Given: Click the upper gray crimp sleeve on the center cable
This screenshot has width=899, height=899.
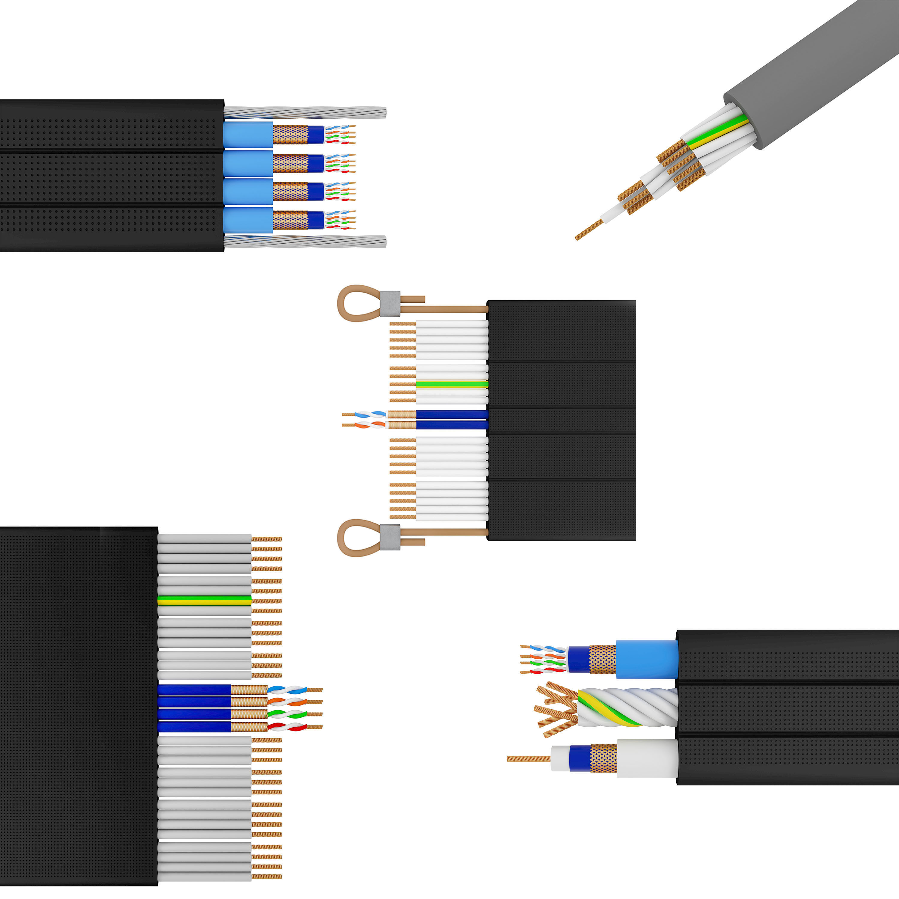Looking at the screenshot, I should click(x=390, y=303).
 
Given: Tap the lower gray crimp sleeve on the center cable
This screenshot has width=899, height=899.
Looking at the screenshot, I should click(x=390, y=537).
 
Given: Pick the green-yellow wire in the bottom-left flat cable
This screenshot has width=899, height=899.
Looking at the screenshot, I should click(x=204, y=600).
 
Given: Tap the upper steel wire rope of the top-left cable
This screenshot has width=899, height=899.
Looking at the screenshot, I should click(x=305, y=112).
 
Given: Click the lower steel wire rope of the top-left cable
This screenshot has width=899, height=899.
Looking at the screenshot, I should click(x=305, y=242).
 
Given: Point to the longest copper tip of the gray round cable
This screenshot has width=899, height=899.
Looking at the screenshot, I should click(x=587, y=230).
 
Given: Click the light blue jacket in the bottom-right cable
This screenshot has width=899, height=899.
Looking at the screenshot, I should click(x=647, y=659).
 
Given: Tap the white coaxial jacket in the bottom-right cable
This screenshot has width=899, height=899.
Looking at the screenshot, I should click(x=647, y=758).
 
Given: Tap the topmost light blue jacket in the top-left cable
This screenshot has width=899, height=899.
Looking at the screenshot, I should click(x=248, y=135).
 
